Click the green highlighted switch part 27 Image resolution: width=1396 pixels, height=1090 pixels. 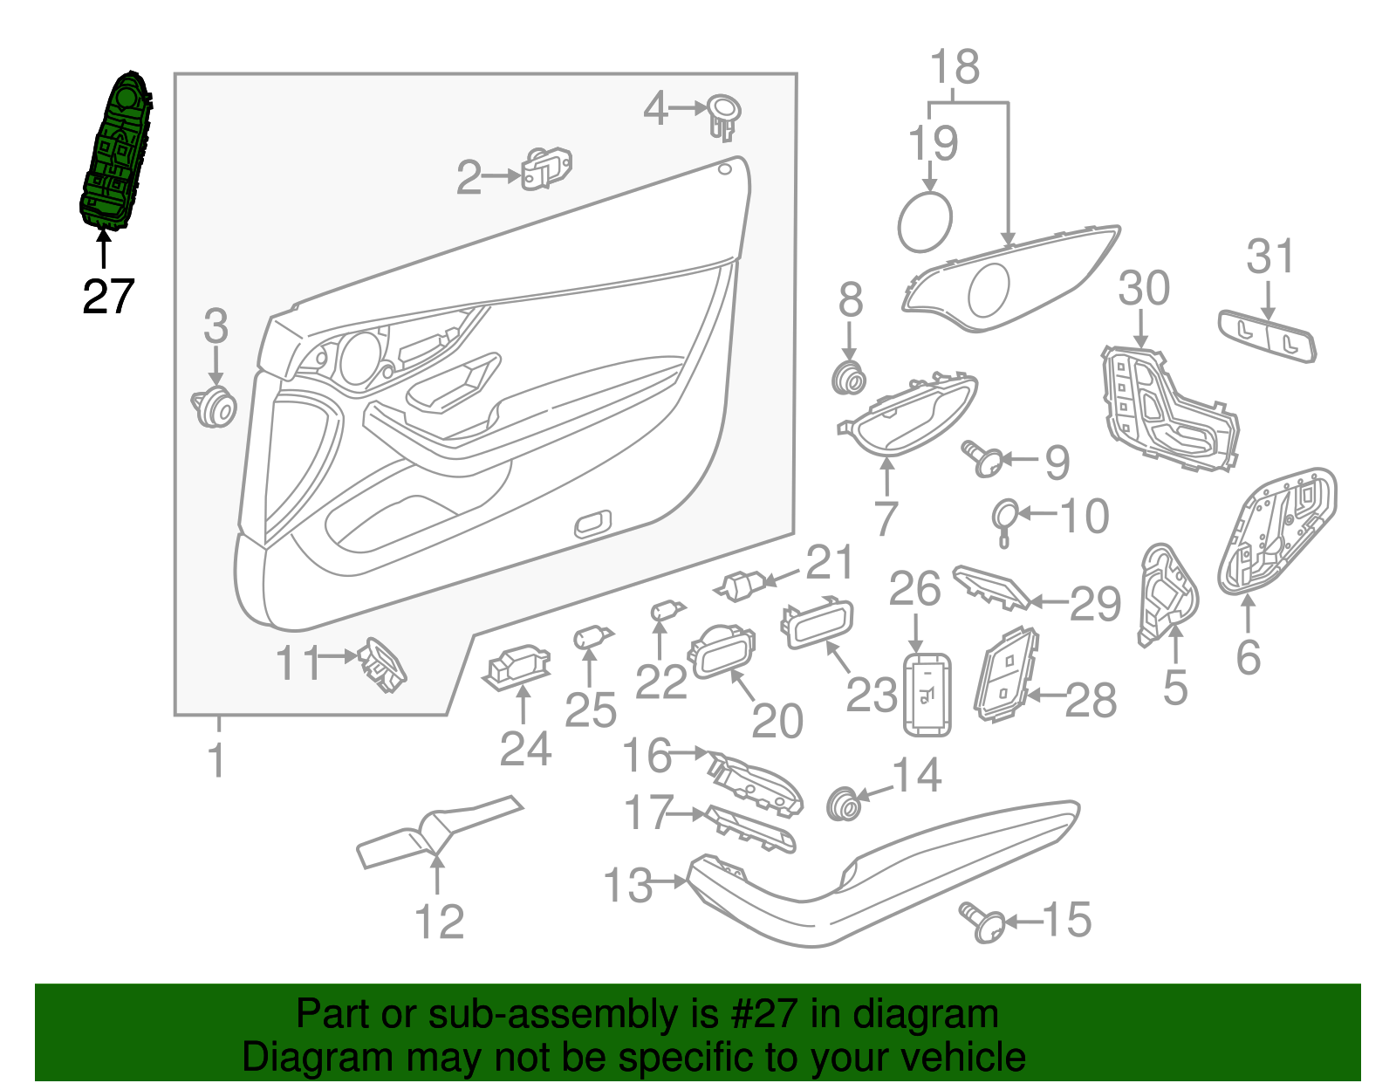pyautogui.click(x=116, y=153)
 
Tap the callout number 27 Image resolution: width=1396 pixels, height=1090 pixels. pyautogui.click(x=108, y=297)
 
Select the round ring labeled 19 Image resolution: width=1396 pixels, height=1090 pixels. pyautogui.click(x=925, y=222)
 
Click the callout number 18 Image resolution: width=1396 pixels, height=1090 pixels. pyautogui.click(x=955, y=67)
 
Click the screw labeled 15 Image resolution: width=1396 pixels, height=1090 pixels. pyautogui.click(x=982, y=922)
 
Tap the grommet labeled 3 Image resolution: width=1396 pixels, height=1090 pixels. pyautogui.click(x=215, y=408)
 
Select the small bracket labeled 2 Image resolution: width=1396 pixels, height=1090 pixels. pyautogui.click(x=546, y=168)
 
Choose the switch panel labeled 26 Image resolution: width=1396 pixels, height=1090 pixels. pyautogui.click(x=926, y=694)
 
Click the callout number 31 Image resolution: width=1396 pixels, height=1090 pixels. pyautogui.click(x=1269, y=257)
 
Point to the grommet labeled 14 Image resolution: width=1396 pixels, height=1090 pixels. pyautogui.click(x=843, y=803)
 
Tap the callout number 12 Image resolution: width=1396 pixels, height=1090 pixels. pyautogui.click(x=439, y=922)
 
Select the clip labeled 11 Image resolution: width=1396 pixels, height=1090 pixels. pyautogui.click(x=381, y=664)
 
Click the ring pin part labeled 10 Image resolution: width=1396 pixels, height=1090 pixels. pyautogui.click(x=1005, y=518)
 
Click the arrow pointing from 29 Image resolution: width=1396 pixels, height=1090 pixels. pyautogui.click(x=1050, y=601)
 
